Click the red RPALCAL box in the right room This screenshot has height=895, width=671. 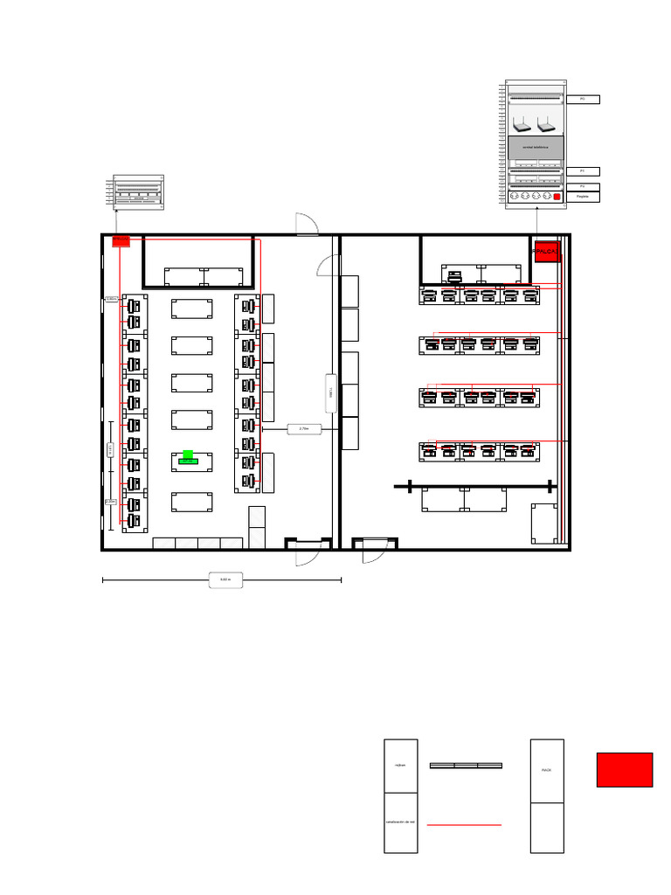[x=546, y=251]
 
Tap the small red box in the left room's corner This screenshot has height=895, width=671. [x=121, y=240]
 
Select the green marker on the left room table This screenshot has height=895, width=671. [x=188, y=457]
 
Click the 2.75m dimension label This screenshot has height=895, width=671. [x=304, y=429]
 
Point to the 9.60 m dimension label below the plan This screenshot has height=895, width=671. [x=225, y=579]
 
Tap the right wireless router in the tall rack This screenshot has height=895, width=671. [x=548, y=123]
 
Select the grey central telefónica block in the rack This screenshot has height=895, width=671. [x=536, y=148]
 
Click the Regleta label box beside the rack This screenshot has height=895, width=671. [x=582, y=197]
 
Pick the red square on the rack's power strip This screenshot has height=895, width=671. [x=557, y=197]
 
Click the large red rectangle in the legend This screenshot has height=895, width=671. [x=624, y=769]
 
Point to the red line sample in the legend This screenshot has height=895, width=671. [x=463, y=824]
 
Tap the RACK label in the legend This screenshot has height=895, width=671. [x=546, y=770]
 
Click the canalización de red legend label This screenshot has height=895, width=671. [x=400, y=822]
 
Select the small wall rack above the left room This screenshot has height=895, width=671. [x=138, y=192]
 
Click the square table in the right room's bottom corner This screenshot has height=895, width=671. [x=543, y=523]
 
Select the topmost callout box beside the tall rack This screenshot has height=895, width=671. [x=582, y=100]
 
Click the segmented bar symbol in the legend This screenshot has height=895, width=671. [x=466, y=766]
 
